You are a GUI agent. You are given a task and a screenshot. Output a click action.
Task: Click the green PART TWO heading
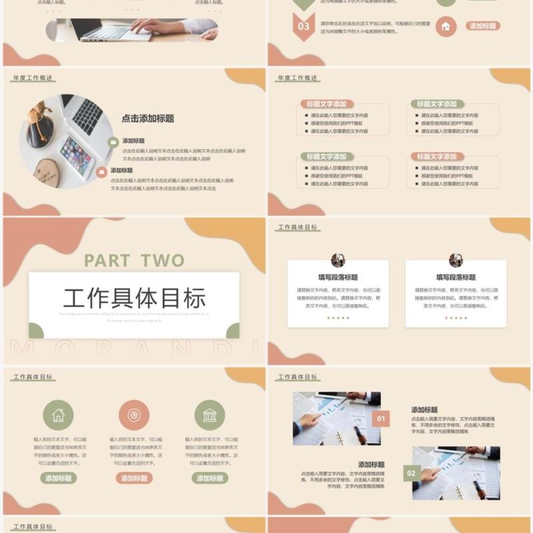click(134, 261)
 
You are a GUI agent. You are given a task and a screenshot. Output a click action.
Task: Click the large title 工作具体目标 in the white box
click(134, 298)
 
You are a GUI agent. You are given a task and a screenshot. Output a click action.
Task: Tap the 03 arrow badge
click(304, 27)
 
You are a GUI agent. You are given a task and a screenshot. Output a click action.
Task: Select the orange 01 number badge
click(380, 419)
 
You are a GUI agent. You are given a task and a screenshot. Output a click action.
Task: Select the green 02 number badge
click(411, 474)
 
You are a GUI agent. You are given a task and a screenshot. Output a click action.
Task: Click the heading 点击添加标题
click(148, 119)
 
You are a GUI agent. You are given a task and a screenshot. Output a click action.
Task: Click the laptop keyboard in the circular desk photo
click(87, 115)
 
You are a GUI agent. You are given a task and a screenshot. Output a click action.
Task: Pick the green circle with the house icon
click(59, 415)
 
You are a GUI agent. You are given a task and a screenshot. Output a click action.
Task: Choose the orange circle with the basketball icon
click(134, 415)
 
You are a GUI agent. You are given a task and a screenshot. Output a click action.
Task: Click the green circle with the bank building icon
click(209, 415)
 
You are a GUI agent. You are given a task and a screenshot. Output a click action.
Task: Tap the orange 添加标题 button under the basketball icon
click(134, 478)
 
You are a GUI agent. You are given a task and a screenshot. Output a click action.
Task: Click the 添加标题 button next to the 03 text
click(482, 26)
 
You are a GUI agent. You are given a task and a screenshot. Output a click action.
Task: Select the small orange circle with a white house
click(446, 27)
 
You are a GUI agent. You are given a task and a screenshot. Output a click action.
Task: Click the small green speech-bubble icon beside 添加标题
click(113, 141)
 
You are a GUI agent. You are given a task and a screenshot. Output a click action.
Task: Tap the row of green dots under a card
click(338, 318)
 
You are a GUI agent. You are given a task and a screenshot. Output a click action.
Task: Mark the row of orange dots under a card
click(456, 318)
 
